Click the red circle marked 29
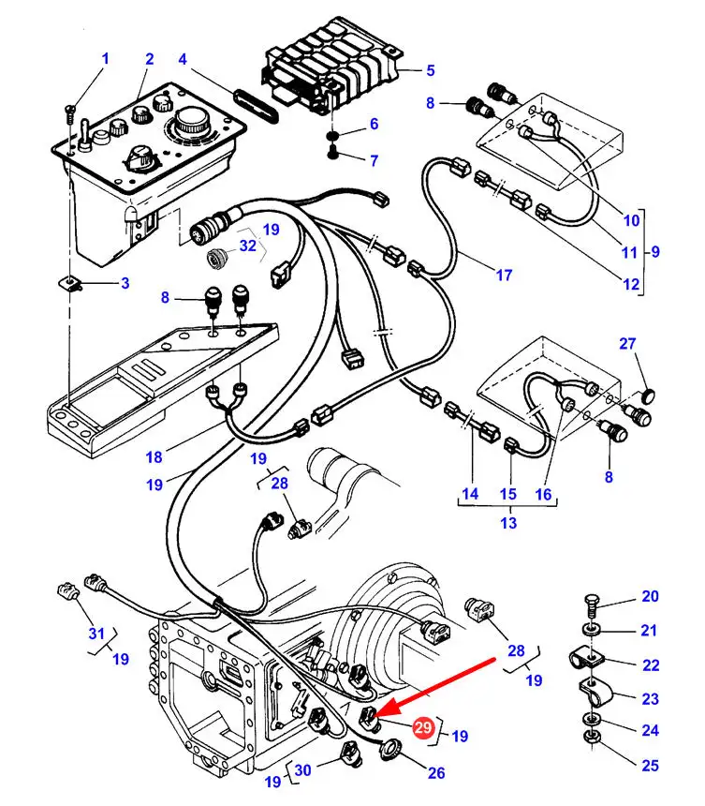point(423,728)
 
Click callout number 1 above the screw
point(105,59)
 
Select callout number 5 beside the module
point(430,69)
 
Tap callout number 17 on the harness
point(504,276)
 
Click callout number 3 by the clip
point(125,283)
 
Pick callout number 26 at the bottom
point(435,772)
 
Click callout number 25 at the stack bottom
point(650,766)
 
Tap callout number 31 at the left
point(96,634)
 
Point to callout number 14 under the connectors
point(470,493)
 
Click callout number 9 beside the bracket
point(654,251)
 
